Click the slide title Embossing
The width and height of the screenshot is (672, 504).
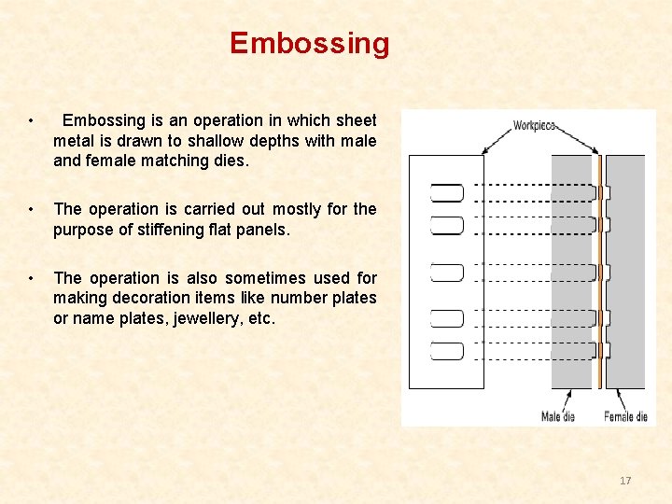309,43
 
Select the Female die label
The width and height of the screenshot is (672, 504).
625,416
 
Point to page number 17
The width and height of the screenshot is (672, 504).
625,481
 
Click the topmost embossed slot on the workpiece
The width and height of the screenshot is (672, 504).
447,193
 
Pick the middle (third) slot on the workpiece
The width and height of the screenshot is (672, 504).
447,272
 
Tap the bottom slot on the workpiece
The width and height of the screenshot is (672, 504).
447,351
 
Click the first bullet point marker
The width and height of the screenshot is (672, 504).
32,121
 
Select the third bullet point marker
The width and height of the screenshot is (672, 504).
32,278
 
